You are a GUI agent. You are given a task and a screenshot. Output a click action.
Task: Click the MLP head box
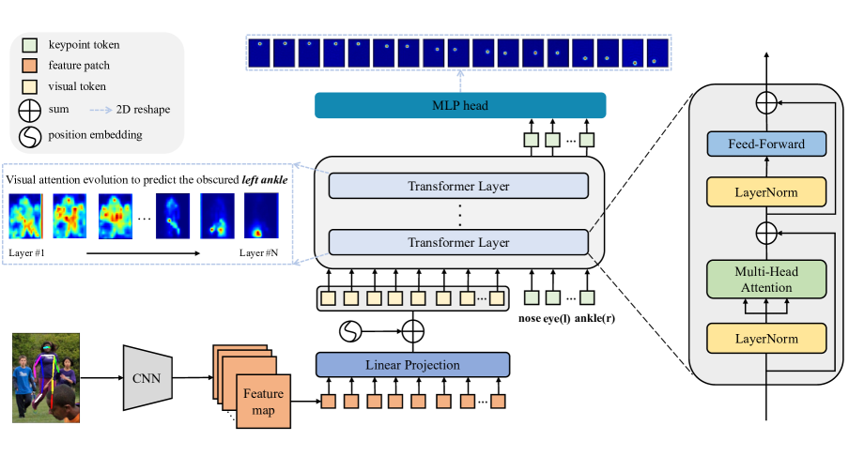click(x=459, y=105)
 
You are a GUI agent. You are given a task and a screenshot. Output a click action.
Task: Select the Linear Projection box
click(x=412, y=364)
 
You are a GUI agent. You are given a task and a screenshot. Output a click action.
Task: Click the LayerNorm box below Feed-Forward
click(x=766, y=193)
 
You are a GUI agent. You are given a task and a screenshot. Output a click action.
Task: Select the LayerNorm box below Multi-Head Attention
click(x=766, y=337)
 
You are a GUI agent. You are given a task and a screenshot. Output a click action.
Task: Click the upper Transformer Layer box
click(x=458, y=186)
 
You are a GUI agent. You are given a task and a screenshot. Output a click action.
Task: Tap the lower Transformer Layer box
click(x=458, y=242)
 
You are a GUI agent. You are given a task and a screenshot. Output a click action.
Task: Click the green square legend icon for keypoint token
click(x=29, y=44)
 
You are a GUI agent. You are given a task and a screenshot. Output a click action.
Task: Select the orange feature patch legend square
click(x=29, y=67)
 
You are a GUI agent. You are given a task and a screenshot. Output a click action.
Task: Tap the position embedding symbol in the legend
click(x=29, y=134)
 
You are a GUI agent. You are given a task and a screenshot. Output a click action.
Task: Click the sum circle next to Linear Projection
click(x=412, y=331)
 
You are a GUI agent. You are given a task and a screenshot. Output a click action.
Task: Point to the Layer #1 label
click(x=27, y=252)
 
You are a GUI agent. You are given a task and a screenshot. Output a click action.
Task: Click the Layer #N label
click(x=259, y=252)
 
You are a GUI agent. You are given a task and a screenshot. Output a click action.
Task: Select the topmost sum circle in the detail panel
click(x=766, y=101)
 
